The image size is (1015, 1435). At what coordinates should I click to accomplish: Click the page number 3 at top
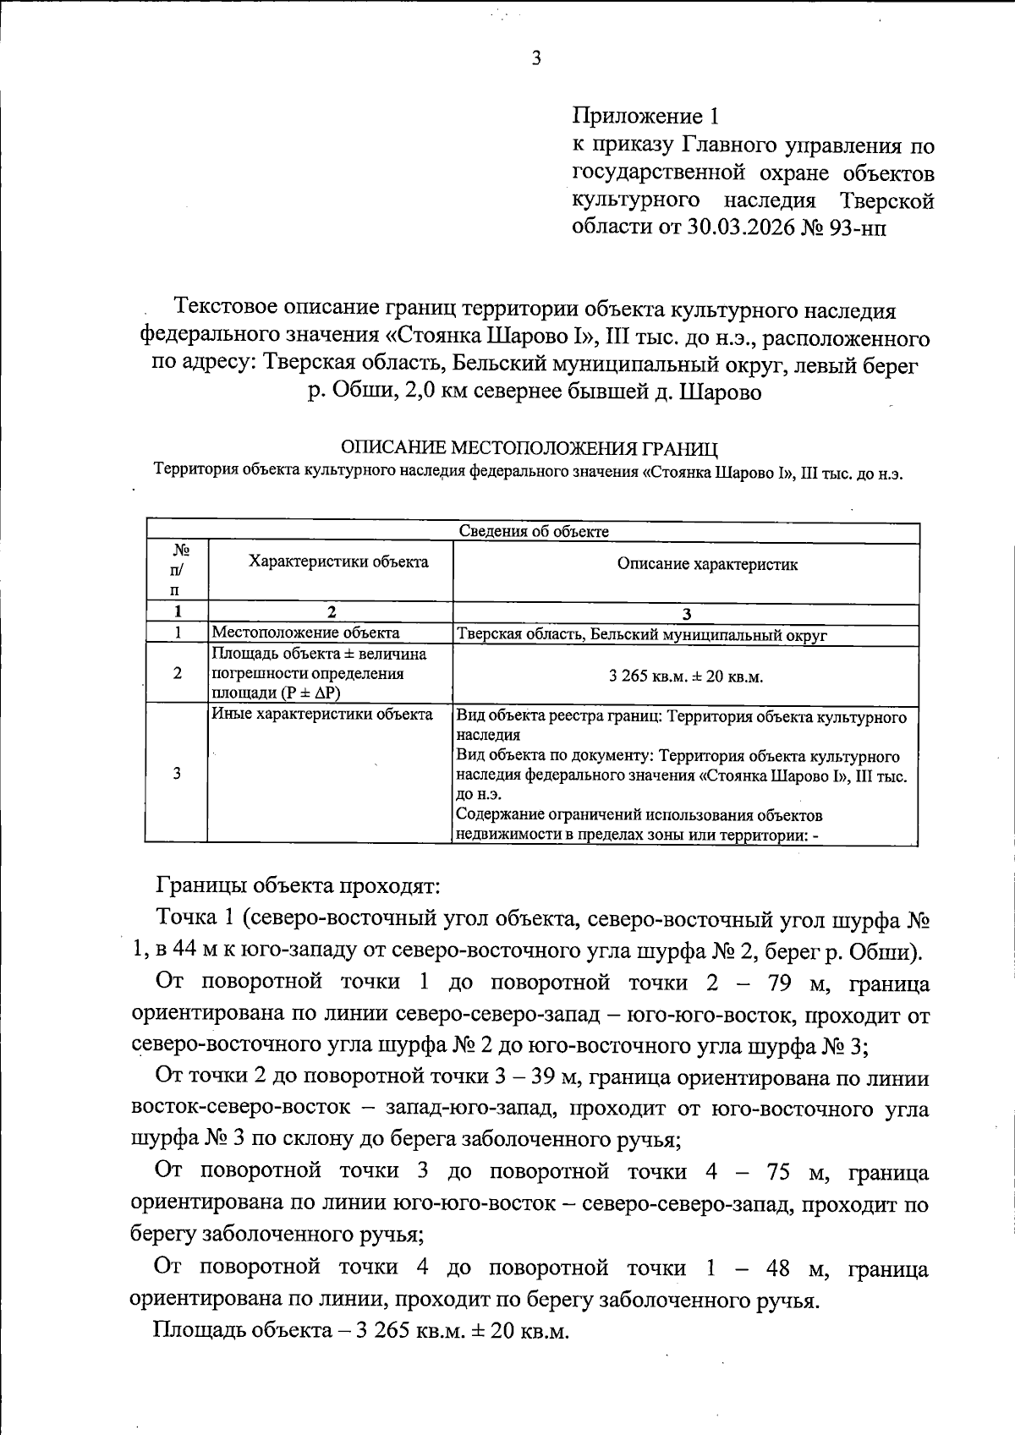click(x=535, y=58)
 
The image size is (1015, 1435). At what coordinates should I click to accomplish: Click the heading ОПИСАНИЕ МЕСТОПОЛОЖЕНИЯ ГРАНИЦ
click(x=529, y=447)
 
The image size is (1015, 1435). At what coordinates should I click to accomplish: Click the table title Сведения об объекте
click(x=534, y=531)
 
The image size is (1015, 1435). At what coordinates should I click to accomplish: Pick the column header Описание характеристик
click(x=707, y=564)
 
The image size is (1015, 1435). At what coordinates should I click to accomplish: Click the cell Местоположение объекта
click(x=306, y=633)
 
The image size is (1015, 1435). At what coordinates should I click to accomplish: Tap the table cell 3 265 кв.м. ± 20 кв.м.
click(x=686, y=676)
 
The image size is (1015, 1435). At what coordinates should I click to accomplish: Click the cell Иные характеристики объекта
click(x=322, y=715)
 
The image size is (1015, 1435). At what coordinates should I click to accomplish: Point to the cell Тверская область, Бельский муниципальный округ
click(x=642, y=635)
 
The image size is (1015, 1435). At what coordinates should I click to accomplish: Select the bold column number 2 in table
click(x=332, y=612)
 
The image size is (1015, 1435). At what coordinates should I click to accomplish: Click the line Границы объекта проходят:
click(x=298, y=886)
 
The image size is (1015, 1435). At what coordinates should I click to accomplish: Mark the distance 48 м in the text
click(x=779, y=1268)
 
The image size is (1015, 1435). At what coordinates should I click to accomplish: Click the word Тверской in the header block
click(x=886, y=201)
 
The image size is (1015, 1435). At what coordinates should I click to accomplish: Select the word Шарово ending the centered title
click(x=721, y=393)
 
